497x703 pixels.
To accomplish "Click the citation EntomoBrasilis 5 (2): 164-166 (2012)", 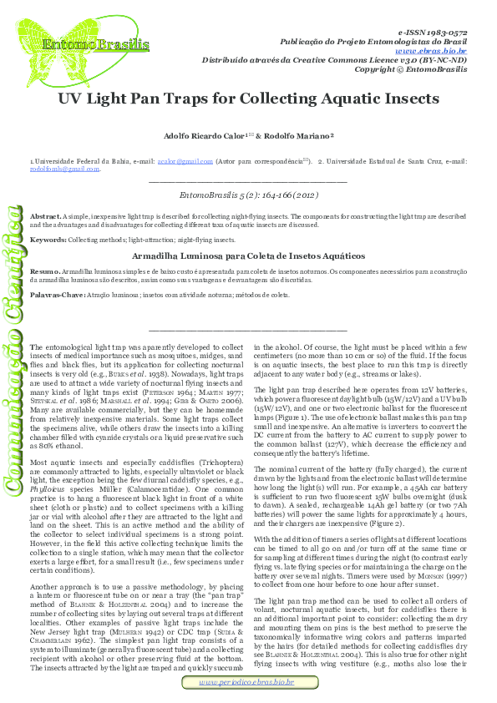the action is (248, 195).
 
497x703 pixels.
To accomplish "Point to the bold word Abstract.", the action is (44, 216).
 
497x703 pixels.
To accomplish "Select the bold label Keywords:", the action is (48, 240).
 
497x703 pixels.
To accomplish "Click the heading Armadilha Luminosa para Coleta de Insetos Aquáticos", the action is (248, 255).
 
